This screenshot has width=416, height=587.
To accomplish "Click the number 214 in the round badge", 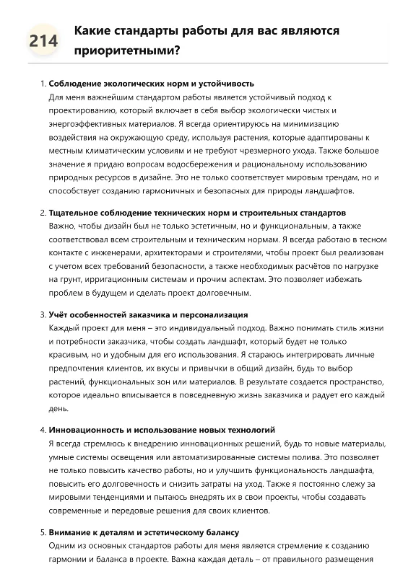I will tap(44, 42).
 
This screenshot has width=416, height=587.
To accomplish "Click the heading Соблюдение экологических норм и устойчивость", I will tap(151, 84).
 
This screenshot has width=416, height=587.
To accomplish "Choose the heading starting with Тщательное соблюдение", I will tap(197, 213).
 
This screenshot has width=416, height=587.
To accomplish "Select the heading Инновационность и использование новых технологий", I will tap(162, 430).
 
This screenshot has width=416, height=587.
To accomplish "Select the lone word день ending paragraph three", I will tap(58, 408).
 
